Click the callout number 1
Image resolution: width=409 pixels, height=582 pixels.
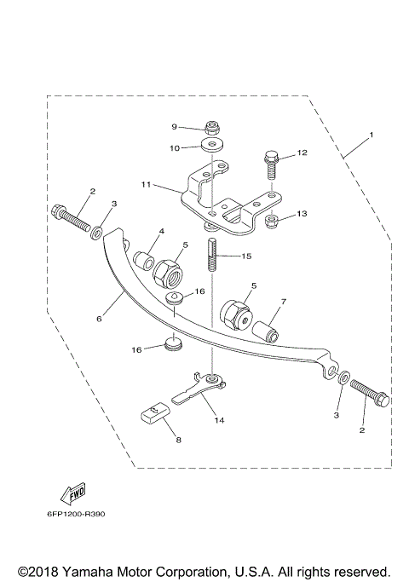tap(371, 135)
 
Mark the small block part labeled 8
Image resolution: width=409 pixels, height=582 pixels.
tap(153, 415)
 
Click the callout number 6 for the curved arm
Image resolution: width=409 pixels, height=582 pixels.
tap(99, 319)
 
